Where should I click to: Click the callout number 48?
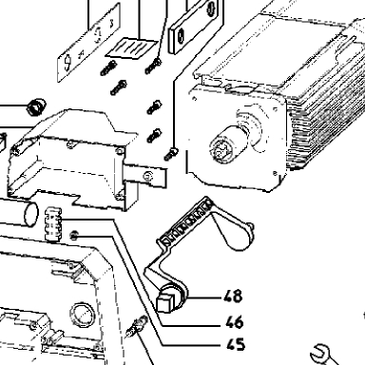(233, 297)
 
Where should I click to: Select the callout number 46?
(235, 322)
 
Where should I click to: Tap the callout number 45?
(236, 344)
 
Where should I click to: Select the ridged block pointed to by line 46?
(53, 224)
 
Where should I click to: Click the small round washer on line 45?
(74, 236)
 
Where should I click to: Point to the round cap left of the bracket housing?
(36, 106)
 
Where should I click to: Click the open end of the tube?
(31, 215)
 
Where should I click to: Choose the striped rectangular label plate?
(131, 48)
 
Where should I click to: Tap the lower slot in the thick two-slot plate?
(181, 36)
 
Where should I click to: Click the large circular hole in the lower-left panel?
(83, 315)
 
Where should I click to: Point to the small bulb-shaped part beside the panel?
(137, 326)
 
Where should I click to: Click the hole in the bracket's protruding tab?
(148, 176)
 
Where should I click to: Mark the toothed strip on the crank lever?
(185, 222)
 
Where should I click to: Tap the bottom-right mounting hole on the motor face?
(275, 173)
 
